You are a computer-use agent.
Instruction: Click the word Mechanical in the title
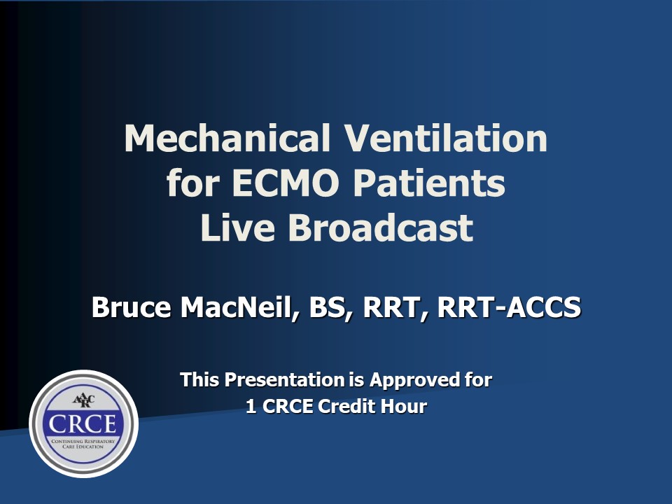(227, 138)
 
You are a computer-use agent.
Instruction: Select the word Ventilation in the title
(446, 138)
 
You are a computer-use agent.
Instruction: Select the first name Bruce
(132, 307)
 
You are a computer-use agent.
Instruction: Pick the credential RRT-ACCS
(509, 307)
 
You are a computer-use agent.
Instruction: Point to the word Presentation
(284, 379)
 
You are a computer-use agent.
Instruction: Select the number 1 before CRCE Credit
(251, 406)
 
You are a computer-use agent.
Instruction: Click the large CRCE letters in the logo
(83, 424)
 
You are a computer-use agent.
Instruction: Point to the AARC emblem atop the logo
(83, 400)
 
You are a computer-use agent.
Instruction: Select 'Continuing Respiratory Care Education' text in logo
(83, 444)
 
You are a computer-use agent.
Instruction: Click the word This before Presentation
(199, 379)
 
